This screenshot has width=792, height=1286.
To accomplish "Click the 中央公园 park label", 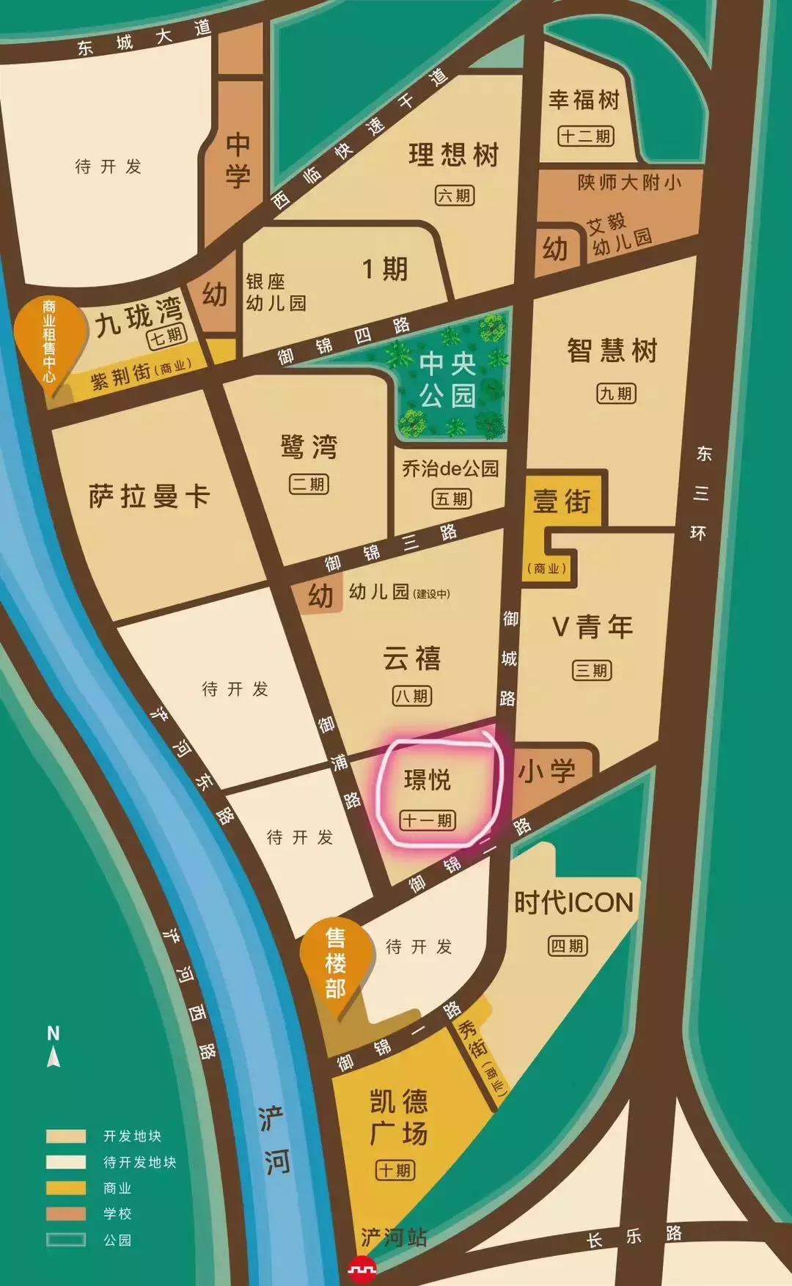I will coord(448,380).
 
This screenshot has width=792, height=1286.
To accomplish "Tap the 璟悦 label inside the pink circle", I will coord(428,780).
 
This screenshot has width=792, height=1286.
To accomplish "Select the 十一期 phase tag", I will coord(428,820).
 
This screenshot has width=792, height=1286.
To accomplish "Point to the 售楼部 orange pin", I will coord(335,963).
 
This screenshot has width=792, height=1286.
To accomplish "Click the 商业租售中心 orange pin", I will coord(49,341).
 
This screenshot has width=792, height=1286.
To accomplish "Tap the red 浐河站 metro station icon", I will coord(362,1267).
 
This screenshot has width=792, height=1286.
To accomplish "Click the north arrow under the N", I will coord(54,1057).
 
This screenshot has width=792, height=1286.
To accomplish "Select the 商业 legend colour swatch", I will coord(65,1188).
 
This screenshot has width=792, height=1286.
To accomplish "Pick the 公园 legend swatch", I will coord(65,1240).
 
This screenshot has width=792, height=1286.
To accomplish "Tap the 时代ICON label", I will coord(573,903).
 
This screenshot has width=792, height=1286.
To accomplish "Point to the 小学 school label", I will coord(547,771).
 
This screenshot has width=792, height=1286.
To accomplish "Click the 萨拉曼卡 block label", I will coord(149,496).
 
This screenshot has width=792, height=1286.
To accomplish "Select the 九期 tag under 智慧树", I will coord(616,394).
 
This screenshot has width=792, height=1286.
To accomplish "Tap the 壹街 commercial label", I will coord(562,502).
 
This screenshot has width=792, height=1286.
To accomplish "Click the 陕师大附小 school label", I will coord(629,182).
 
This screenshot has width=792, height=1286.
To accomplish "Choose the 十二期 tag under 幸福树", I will coord(585,136).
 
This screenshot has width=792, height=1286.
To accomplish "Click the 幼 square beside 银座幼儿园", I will coord(214,295).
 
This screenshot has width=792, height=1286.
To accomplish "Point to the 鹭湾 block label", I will coord(309,447).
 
